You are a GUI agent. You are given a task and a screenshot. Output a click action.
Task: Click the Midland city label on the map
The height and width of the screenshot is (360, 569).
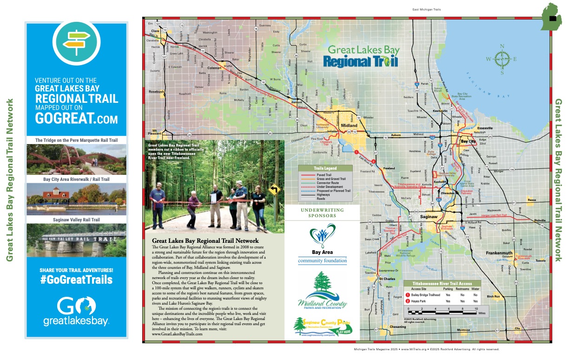click(x=349, y=126)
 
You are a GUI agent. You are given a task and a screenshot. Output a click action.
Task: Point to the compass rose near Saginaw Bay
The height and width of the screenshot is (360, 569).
click(x=502, y=59)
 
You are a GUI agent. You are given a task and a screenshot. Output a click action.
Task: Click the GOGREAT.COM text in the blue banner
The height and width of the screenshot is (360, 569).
click(x=76, y=119)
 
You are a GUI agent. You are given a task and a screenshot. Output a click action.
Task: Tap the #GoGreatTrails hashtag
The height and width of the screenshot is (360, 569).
click(x=76, y=279)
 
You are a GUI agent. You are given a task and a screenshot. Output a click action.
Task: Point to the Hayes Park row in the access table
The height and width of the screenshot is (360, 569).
click(x=442, y=301)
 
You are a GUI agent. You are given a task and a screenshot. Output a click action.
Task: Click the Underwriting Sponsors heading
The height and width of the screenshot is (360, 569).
click(x=323, y=213)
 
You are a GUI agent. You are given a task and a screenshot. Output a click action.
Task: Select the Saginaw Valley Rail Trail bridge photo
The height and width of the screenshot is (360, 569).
click(x=76, y=240)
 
